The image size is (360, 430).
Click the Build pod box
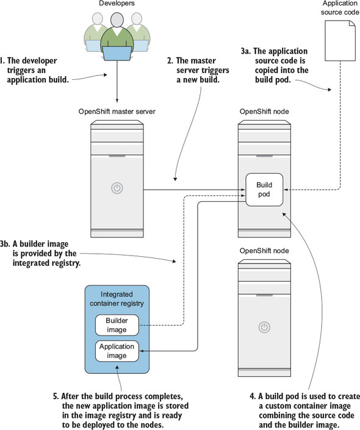(x=264, y=190)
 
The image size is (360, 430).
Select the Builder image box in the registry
(x=117, y=325)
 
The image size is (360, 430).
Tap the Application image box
(x=117, y=351)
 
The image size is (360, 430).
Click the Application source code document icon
(x=340, y=41)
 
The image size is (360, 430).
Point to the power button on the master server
(x=117, y=188)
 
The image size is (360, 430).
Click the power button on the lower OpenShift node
(x=265, y=327)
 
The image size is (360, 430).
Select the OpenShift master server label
(x=117, y=112)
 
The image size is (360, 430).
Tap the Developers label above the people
(x=117, y=3)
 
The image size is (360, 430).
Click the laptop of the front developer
(x=117, y=53)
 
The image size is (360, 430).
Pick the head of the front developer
(x=117, y=20)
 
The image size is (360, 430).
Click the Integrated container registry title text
(x=117, y=299)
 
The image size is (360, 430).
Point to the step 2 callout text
(x=198, y=70)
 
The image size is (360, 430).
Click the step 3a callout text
(x=275, y=65)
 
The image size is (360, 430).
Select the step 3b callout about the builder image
(x=40, y=253)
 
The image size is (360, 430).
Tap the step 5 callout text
(x=121, y=410)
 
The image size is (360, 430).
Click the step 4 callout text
(x=305, y=410)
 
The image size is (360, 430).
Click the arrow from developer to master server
(x=117, y=82)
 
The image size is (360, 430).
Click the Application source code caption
(x=340, y=8)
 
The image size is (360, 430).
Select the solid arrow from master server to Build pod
(x=194, y=190)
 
